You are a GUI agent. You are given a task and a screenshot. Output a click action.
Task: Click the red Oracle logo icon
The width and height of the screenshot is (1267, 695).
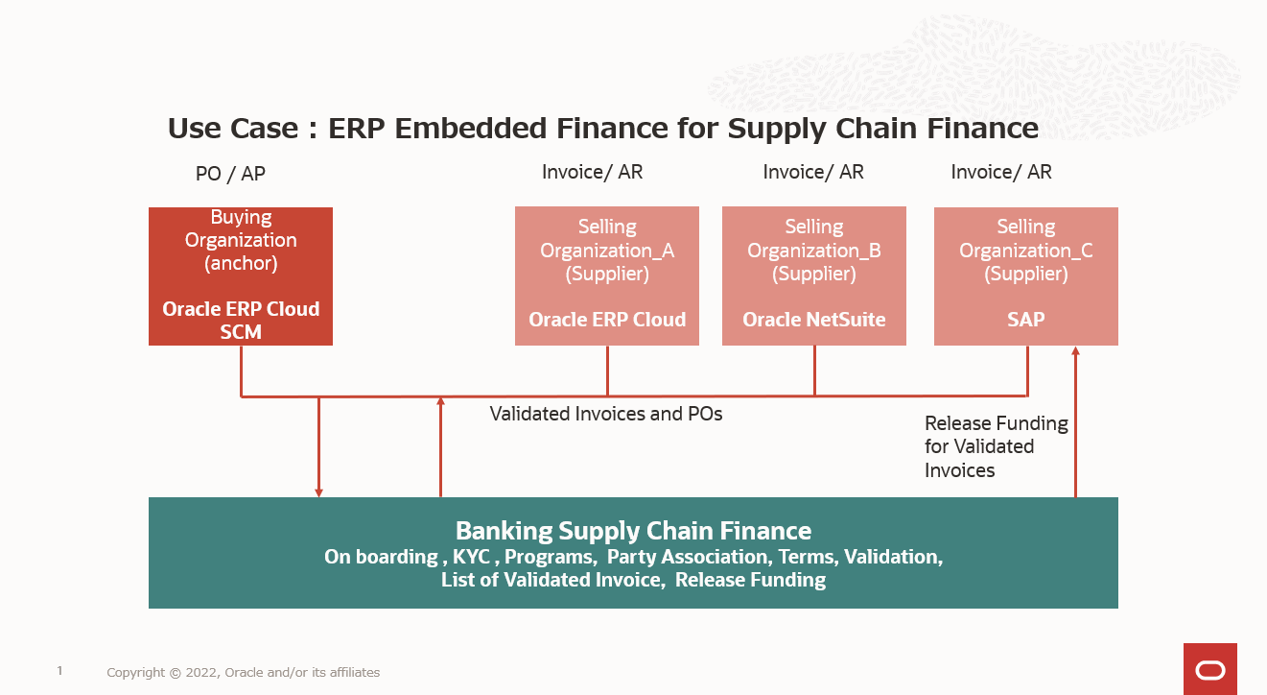point(1209,669)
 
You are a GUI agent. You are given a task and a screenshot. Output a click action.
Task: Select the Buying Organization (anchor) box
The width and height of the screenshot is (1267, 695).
point(240,276)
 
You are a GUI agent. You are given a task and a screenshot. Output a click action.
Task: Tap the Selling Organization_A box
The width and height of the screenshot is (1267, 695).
point(606,276)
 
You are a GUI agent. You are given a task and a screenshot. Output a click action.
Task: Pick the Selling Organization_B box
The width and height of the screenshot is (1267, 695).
point(813,276)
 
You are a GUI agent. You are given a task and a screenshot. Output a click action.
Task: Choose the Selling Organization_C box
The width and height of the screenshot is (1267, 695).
point(1025,276)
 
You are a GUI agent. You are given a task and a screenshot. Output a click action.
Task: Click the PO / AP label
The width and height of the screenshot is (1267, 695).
point(230,174)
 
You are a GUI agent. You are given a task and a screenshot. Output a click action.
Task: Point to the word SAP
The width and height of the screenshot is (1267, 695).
point(1025,320)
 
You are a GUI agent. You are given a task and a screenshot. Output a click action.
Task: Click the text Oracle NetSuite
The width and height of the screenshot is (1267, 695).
point(813,320)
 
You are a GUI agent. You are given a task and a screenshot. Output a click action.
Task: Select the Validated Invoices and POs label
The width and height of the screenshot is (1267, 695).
point(606,414)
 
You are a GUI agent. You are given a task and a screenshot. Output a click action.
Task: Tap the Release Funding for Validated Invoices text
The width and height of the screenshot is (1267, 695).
point(996,446)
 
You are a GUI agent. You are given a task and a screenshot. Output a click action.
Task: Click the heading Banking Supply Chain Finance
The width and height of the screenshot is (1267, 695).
point(633,531)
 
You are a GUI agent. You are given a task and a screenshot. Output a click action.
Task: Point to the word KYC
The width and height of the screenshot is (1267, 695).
point(470,557)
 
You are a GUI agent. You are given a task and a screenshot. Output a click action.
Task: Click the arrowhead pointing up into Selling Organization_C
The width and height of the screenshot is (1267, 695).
point(1075,352)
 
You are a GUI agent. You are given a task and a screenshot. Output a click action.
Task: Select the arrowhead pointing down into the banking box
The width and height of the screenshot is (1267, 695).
point(318,491)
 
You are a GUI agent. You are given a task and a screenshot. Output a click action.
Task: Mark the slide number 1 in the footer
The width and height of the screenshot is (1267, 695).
point(59,671)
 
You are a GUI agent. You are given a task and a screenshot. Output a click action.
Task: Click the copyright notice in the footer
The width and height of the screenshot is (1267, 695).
point(243,673)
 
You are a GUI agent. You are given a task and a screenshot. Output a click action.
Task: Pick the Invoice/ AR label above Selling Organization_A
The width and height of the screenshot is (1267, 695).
point(592,172)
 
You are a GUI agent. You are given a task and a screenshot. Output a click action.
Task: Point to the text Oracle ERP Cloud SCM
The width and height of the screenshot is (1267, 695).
point(240,321)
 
